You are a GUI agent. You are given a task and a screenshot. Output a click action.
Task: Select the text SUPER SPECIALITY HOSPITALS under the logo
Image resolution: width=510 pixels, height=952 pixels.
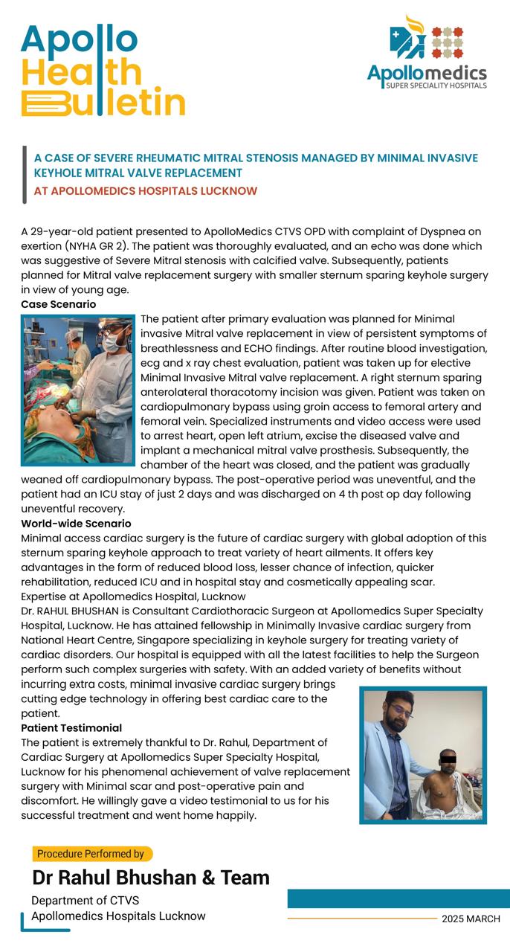point(436,86)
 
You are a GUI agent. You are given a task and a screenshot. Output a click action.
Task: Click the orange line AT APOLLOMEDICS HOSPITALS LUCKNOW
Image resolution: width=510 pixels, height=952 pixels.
point(146,191)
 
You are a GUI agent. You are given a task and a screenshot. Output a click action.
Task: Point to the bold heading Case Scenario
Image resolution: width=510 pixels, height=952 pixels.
point(58,304)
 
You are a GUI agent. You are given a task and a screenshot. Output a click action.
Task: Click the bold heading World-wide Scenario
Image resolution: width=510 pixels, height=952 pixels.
point(76,524)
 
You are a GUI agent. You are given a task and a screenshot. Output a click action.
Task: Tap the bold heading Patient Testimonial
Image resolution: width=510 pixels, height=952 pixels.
point(71,727)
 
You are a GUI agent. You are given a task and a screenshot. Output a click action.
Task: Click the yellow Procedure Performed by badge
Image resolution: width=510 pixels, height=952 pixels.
point(91,854)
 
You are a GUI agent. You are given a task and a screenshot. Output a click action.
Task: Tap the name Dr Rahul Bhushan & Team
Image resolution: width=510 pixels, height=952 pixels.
point(151,878)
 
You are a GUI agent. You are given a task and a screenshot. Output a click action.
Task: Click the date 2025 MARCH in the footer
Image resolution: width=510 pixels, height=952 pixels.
point(471,919)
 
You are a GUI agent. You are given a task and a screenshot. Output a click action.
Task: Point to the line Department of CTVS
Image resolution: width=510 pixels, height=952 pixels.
point(80,901)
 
